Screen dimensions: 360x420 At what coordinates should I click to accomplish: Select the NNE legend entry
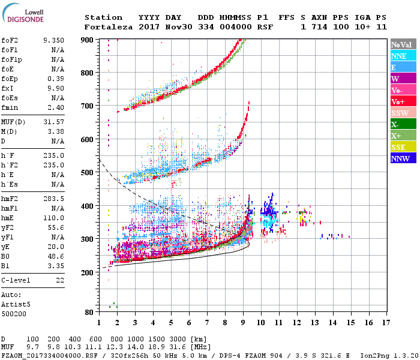click(399, 56)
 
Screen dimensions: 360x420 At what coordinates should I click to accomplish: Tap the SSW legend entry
click(399, 113)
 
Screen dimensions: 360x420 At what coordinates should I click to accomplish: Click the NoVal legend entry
click(400, 44)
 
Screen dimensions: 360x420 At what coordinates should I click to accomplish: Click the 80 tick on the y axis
click(89, 312)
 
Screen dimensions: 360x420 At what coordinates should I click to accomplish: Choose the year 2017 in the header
click(149, 27)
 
